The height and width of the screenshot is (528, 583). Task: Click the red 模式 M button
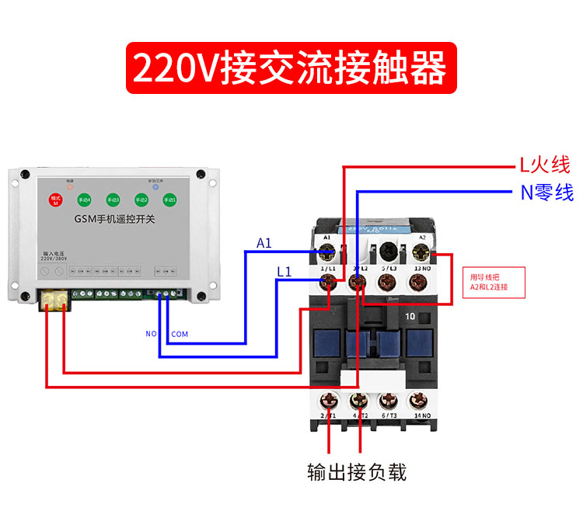click(56, 200)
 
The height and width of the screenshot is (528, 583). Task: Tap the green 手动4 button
click(85, 200)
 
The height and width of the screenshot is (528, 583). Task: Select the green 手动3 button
click(113, 200)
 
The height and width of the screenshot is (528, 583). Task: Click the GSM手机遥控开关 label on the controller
click(114, 220)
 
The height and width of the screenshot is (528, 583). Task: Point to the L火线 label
click(545, 165)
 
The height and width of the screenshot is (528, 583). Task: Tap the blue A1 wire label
click(264, 243)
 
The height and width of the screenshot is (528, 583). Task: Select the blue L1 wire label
click(285, 272)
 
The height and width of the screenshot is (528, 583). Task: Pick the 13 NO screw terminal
click(421, 282)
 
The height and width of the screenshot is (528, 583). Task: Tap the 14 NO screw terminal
click(421, 401)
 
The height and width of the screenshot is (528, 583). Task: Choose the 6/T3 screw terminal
click(389, 401)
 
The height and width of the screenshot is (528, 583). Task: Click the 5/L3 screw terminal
click(389, 282)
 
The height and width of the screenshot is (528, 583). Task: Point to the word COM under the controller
click(180, 335)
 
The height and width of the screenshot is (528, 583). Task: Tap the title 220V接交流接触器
click(290, 68)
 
